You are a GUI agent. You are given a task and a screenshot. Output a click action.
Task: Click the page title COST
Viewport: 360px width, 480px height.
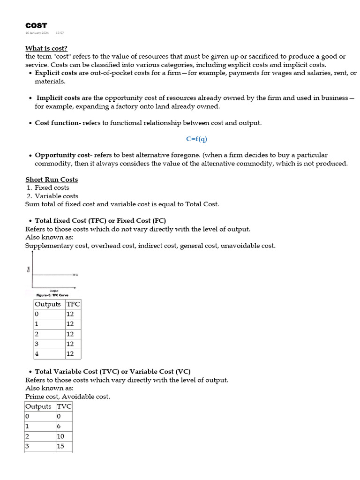36,25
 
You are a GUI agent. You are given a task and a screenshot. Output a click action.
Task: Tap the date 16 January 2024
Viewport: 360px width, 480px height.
37,33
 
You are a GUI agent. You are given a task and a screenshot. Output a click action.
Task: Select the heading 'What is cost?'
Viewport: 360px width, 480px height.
46,48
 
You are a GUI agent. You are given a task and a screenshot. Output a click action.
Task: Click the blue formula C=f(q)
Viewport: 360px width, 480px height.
196,139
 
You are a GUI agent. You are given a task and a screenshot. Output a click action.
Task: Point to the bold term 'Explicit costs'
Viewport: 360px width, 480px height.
56,73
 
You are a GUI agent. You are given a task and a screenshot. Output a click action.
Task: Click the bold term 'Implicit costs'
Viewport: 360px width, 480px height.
58,98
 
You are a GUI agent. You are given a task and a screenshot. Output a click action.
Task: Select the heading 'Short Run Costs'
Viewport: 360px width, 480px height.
52,180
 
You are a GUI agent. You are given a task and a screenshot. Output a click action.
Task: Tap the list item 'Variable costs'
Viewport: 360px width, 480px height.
56,196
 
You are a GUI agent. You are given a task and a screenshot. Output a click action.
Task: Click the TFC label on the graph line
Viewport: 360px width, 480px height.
75,275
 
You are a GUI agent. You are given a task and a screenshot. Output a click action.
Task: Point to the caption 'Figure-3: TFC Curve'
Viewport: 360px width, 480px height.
52,295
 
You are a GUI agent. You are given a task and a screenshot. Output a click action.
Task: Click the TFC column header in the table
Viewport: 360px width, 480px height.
73,304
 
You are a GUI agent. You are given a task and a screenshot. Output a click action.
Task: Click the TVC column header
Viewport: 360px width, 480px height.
64,406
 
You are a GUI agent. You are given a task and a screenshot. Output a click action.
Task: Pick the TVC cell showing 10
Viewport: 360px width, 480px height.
64,436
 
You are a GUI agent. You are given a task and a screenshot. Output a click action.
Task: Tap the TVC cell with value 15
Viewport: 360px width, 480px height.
64,446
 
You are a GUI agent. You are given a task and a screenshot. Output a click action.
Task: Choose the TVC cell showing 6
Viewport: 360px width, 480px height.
64,426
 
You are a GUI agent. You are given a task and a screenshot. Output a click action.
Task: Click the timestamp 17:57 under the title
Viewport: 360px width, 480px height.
60,33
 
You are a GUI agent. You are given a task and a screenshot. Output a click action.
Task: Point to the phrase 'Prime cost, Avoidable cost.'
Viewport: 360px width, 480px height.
67,397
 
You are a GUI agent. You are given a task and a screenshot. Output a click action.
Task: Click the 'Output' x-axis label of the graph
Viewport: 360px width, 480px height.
54,291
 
